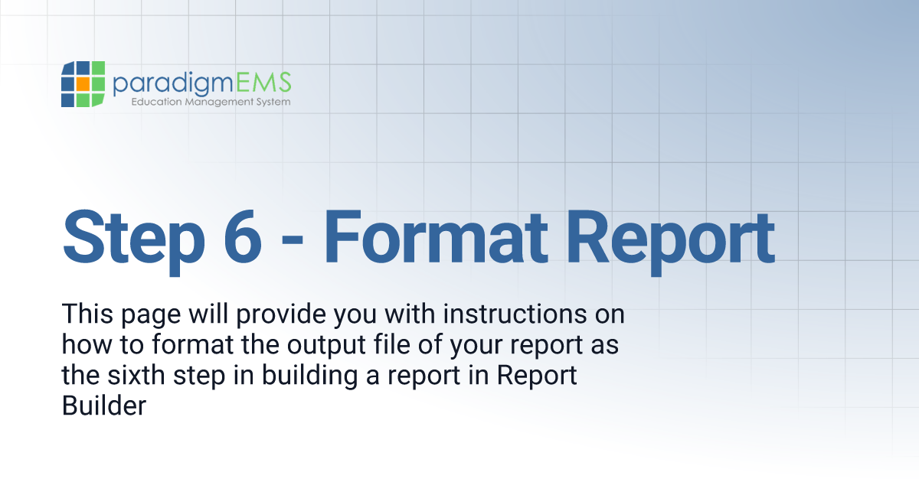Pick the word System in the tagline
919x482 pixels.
(272, 102)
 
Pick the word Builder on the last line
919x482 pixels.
(103, 405)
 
